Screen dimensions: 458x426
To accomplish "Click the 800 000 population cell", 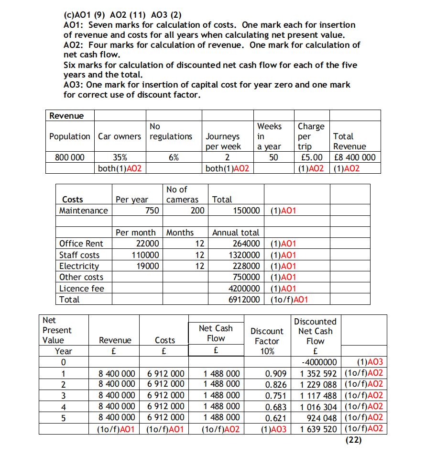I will (x=69, y=157).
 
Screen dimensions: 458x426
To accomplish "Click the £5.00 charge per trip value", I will (x=310, y=157).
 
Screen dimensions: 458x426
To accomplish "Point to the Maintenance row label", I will (x=84, y=211).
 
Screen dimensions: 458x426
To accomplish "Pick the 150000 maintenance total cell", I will (x=246, y=211).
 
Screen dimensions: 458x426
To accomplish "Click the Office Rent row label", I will (x=81, y=244).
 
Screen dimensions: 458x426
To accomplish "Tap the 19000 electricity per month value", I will (x=148, y=266).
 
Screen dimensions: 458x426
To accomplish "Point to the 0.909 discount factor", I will (x=277, y=373).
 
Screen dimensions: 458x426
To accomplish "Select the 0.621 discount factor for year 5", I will (x=277, y=417).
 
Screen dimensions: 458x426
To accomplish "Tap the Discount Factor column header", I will (x=267, y=336).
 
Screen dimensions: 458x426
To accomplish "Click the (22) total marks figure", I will (x=353, y=440).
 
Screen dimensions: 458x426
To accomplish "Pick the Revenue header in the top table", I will (x=66, y=116).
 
